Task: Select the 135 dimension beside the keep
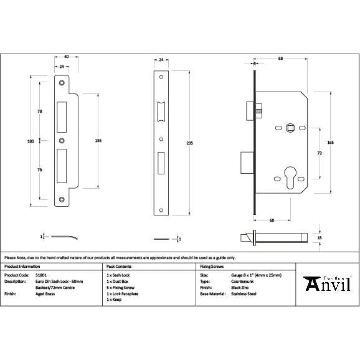[98, 141]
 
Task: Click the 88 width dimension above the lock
[281, 59]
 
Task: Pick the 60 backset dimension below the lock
[272, 220]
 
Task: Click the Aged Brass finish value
[43, 293]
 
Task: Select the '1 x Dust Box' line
[119, 281]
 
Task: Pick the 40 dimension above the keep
[67, 57]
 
